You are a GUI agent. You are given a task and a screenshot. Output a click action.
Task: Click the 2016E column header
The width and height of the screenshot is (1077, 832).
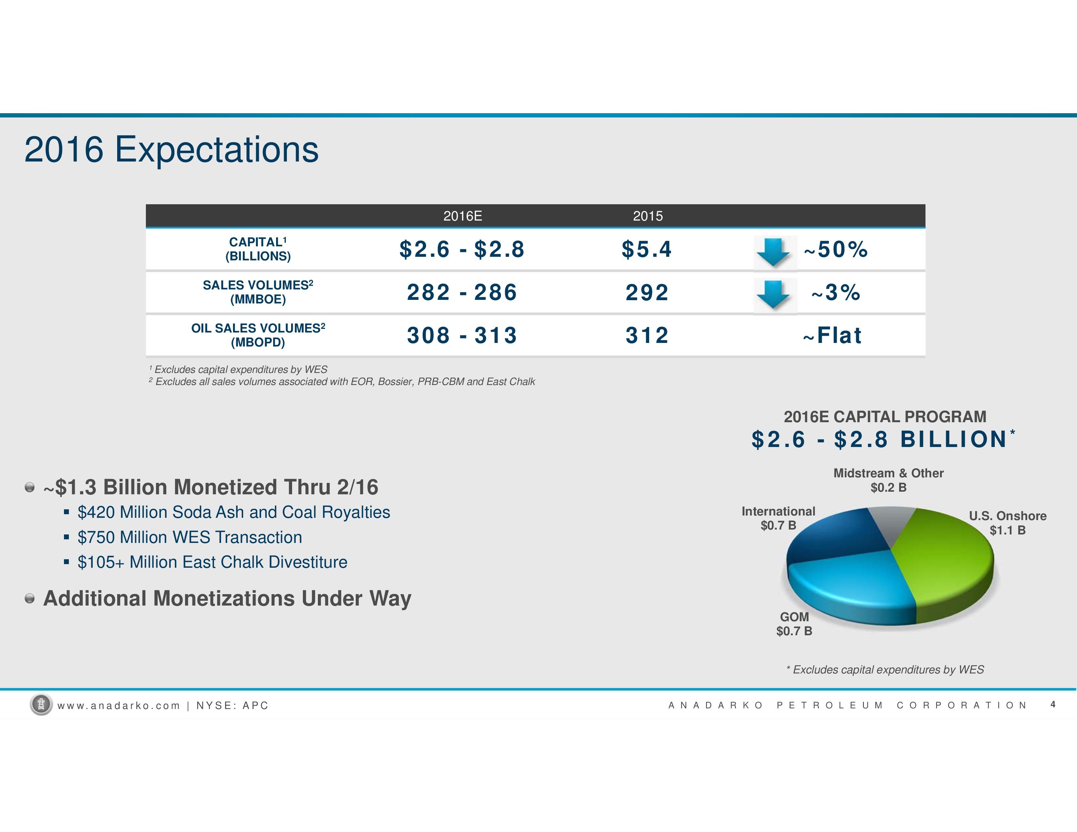pyautogui.click(x=462, y=216)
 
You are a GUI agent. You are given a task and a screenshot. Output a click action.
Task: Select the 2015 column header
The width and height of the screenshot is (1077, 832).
pyautogui.click(x=648, y=216)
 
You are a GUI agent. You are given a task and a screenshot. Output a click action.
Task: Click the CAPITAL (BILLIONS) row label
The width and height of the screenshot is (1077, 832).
pyautogui.click(x=258, y=249)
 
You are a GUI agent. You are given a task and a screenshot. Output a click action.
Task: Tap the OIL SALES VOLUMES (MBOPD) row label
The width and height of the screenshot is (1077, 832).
pyautogui.click(x=258, y=335)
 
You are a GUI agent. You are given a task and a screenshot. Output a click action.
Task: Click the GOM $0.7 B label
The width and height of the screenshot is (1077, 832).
pyautogui.click(x=794, y=624)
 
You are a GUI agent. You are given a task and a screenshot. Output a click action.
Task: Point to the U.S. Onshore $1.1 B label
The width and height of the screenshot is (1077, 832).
pyautogui.click(x=1007, y=523)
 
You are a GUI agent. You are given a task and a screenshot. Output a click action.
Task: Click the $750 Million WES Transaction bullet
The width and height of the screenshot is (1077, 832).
pyautogui.click(x=190, y=537)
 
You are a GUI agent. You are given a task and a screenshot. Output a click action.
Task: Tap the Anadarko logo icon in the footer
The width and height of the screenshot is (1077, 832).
pyautogui.click(x=41, y=705)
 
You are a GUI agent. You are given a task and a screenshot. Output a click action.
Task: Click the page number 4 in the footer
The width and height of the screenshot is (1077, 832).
pyautogui.click(x=1053, y=704)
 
